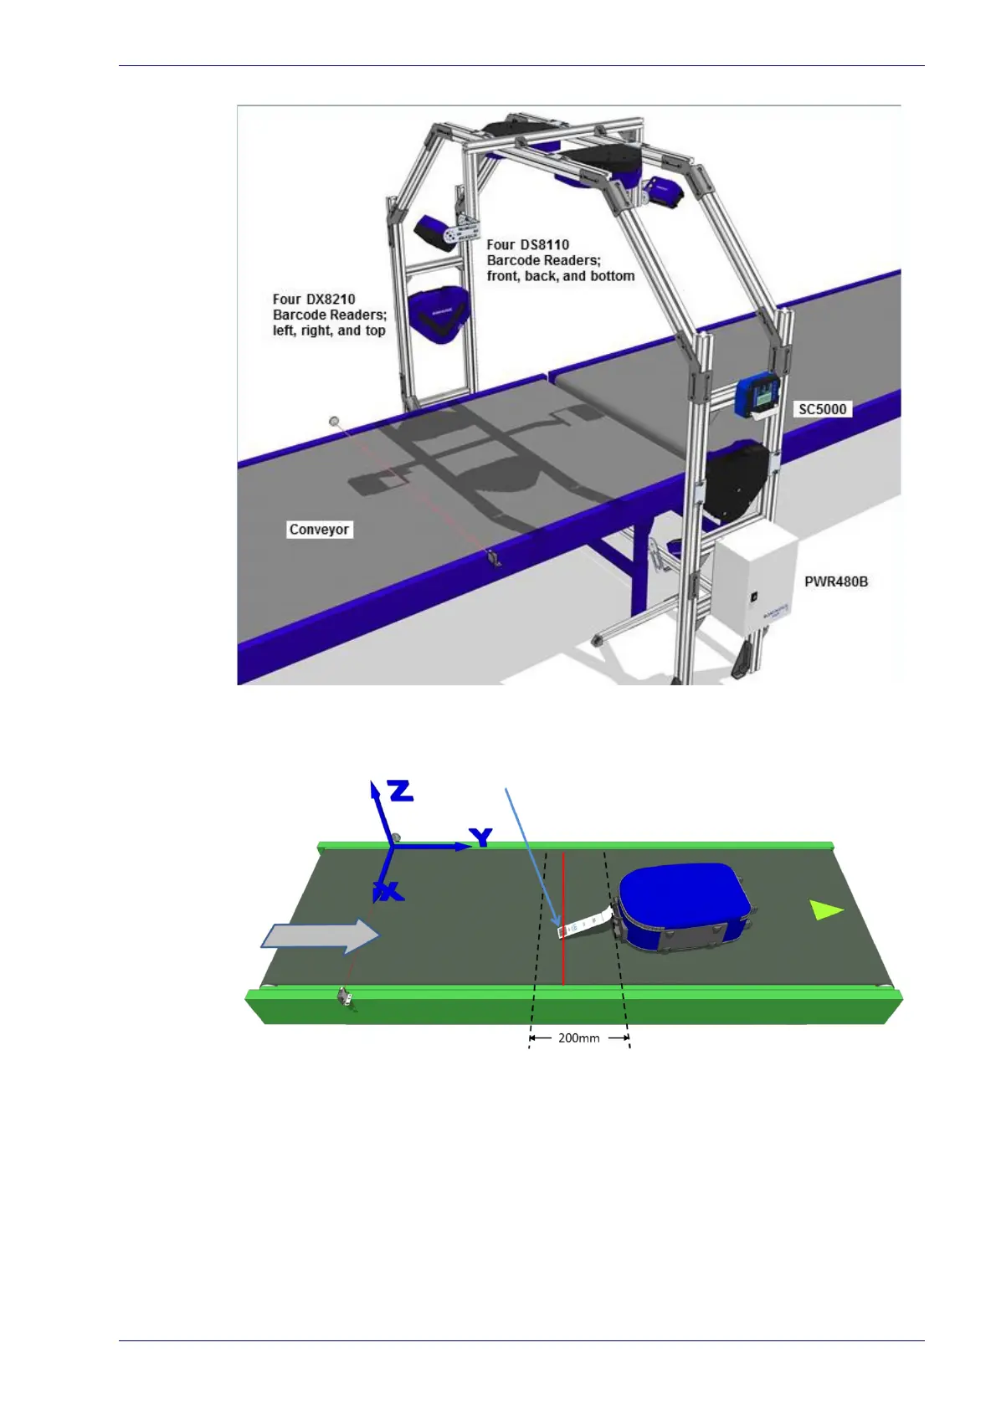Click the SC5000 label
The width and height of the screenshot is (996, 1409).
(822, 409)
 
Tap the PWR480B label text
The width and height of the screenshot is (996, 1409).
(835, 582)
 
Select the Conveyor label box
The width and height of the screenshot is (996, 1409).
(319, 530)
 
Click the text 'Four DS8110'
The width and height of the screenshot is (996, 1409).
(527, 244)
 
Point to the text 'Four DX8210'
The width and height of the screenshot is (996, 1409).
(314, 299)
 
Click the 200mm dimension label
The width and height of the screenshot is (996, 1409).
(578, 1038)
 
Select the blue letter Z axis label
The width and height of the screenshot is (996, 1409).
(401, 791)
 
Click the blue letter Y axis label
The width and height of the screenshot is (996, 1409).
(480, 837)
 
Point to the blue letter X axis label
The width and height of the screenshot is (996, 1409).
(389, 892)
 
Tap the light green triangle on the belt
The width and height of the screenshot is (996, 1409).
(825, 909)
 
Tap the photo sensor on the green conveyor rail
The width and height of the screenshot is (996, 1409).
(344, 996)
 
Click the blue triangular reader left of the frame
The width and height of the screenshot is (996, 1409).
(438, 314)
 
